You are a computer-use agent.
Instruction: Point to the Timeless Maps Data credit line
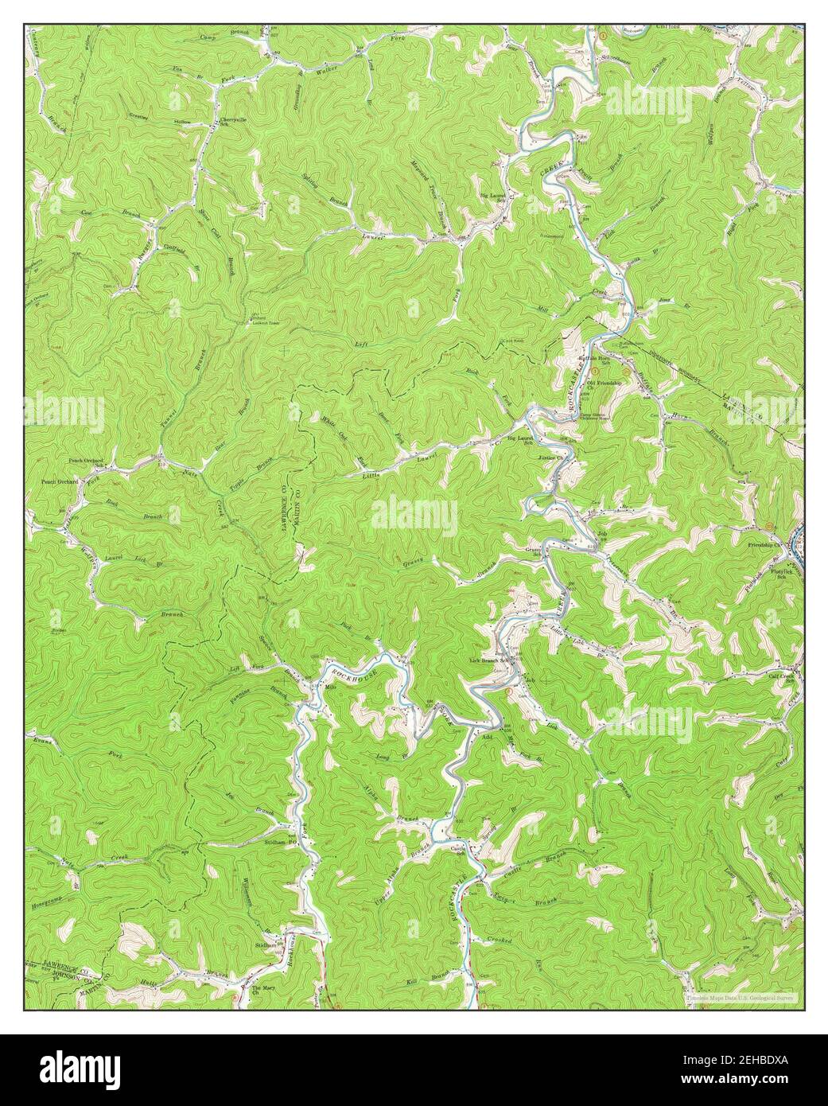(739, 995)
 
